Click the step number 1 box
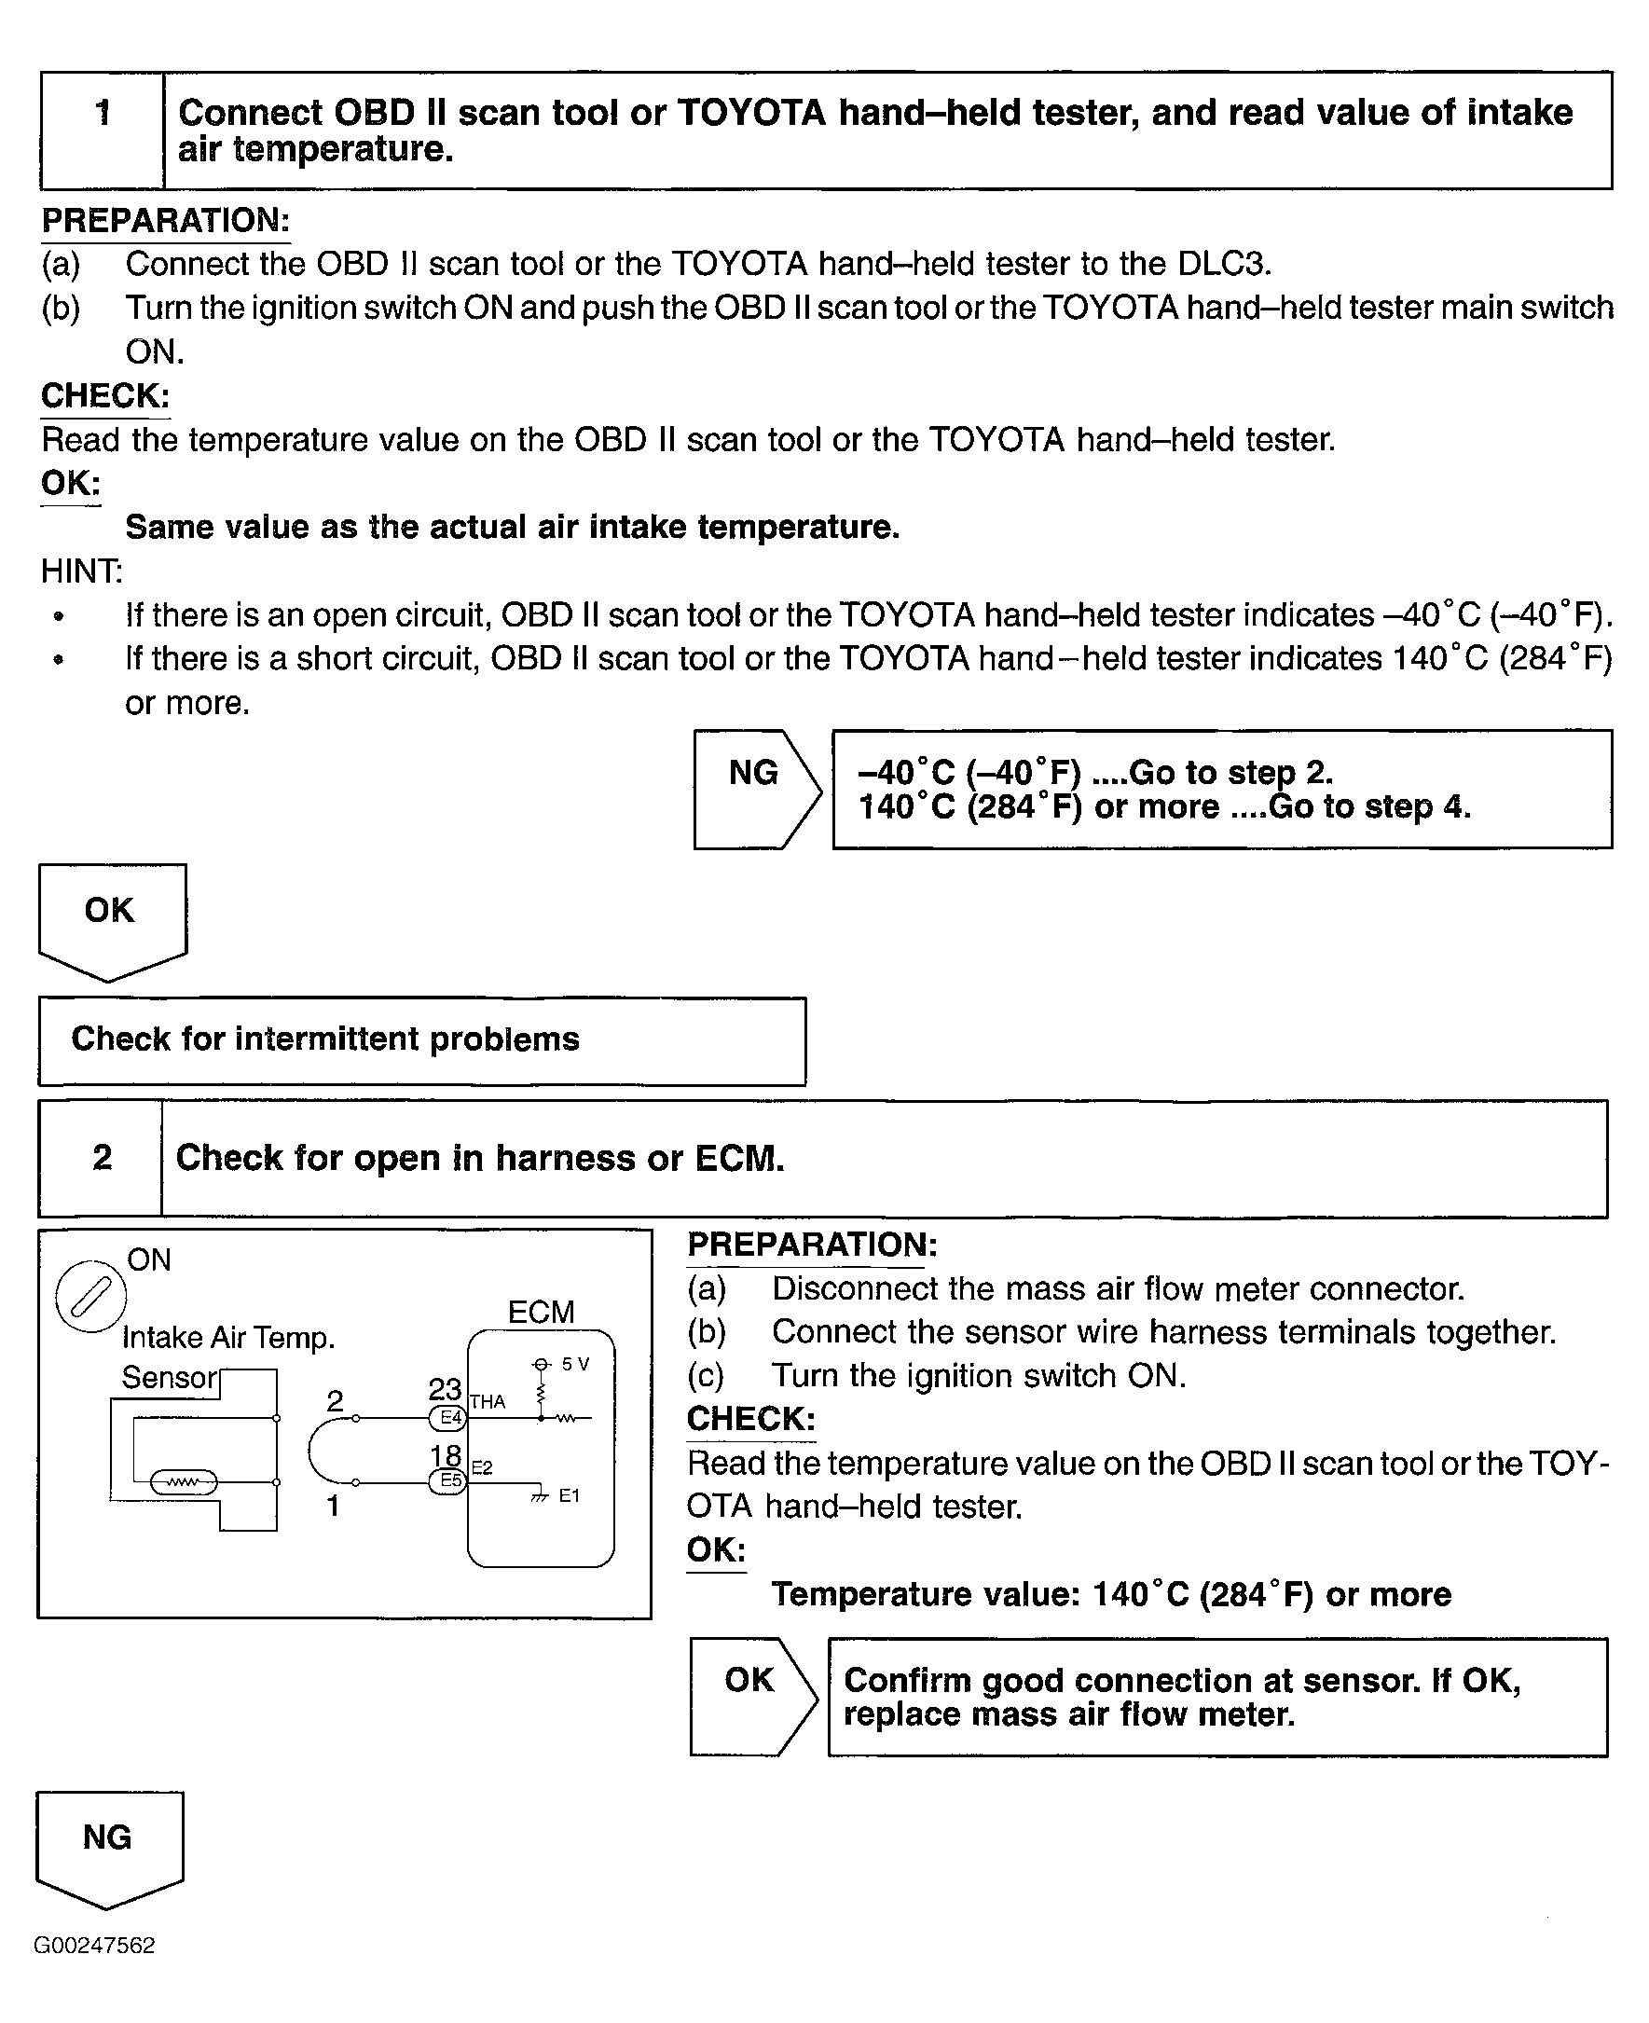pyautogui.click(x=103, y=131)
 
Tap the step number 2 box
pyautogui.click(x=101, y=1158)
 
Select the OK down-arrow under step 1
pyautogui.click(x=111, y=917)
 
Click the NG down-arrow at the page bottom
pyautogui.click(x=108, y=1845)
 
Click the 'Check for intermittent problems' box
pyautogui.click(x=421, y=1040)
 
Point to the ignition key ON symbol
pyautogui.click(x=91, y=1298)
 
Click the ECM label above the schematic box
pyautogui.click(x=541, y=1312)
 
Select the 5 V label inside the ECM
pyautogui.click(x=575, y=1364)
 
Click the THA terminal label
pyautogui.click(x=488, y=1402)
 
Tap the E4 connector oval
pyautogui.click(x=448, y=1418)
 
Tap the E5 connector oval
pyautogui.click(x=448, y=1480)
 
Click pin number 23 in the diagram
pyautogui.click(x=445, y=1388)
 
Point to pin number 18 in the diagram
pyautogui.click(x=446, y=1455)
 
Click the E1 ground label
pyautogui.click(x=569, y=1495)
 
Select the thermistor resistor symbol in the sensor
pyautogui.click(x=184, y=1481)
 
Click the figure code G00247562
pyautogui.click(x=94, y=1945)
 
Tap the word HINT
pyautogui.click(x=81, y=571)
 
